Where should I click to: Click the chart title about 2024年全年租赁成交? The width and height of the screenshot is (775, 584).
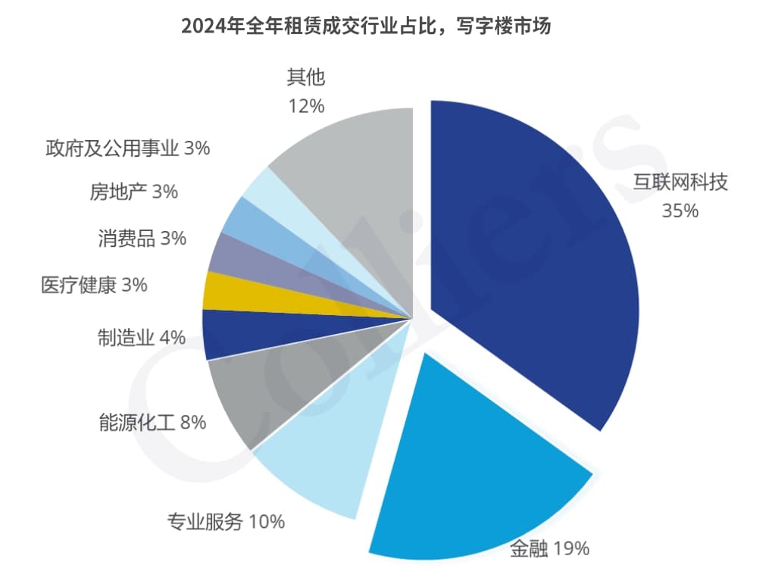[365, 27]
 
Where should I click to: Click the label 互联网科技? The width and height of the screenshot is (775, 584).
[680, 183]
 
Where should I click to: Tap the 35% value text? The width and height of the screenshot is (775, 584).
[680, 211]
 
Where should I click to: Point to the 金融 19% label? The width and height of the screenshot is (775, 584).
[549, 548]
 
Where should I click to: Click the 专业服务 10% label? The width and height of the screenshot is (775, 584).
[226, 521]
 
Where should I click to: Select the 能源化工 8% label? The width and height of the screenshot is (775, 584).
[152, 422]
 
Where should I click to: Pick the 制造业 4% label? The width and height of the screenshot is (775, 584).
[142, 337]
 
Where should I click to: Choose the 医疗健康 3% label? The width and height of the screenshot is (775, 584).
[94, 286]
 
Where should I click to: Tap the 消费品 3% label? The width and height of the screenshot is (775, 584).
[142, 238]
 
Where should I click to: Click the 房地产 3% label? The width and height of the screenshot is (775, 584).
[133, 192]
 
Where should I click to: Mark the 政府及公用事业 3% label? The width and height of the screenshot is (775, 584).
[127, 148]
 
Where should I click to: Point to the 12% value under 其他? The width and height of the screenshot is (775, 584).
[306, 105]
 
